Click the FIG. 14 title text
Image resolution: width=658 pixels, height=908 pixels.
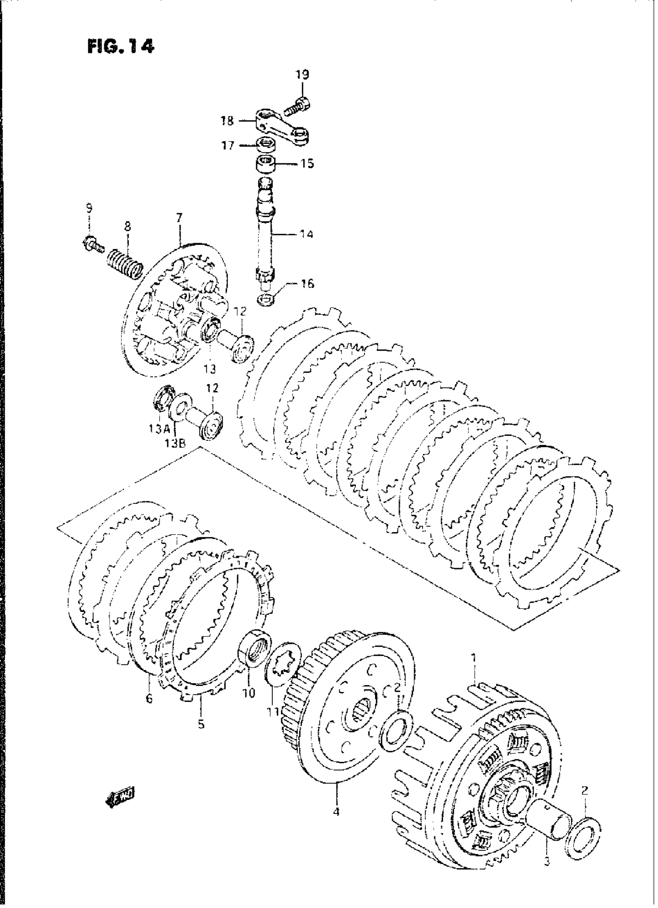point(120,47)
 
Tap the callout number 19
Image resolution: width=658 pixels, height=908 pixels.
point(302,74)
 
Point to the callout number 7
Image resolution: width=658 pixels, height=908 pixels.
point(179,218)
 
